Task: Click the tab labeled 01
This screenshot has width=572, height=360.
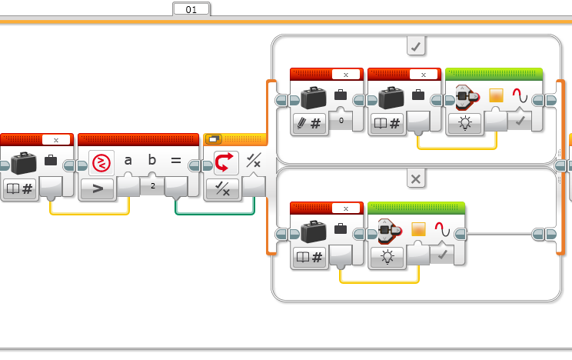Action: (191, 9)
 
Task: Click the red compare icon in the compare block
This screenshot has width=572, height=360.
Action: (101, 162)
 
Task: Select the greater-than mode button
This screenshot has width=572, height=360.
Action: (98, 188)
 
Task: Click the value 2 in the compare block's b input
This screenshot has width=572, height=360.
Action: (153, 186)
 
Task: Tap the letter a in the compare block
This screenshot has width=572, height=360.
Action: (128, 160)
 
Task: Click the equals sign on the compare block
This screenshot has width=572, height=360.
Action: (176, 160)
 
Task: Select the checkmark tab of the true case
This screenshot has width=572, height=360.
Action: (416, 46)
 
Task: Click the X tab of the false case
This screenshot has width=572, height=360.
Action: (416, 179)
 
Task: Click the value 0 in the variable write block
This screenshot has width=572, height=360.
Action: (341, 120)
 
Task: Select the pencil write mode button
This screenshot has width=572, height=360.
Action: (309, 124)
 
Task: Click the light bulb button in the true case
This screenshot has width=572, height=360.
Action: (464, 123)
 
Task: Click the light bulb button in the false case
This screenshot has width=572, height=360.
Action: (387, 257)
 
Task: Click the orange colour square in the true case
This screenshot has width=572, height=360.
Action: (496, 95)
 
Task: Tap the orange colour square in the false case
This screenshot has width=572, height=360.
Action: (418, 229)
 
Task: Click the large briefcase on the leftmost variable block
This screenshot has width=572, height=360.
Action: (24, 163)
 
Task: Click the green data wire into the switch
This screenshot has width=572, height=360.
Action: (214, 213)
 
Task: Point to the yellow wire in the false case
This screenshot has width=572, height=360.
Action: (379, 282)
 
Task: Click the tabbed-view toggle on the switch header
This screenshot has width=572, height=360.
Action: (214, 139)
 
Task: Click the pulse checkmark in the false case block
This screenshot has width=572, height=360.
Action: (442, 255)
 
